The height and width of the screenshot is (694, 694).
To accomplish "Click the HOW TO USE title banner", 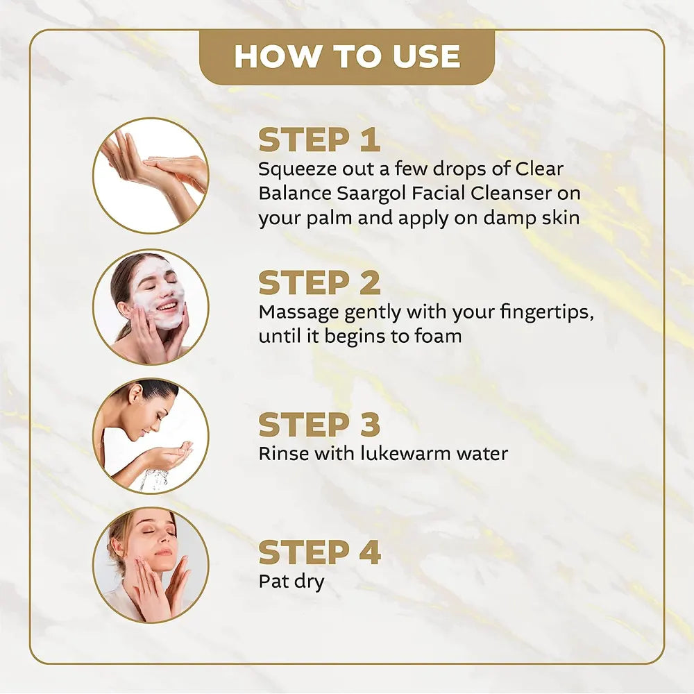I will coord(347,57).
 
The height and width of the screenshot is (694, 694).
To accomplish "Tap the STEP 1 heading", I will coord(319,139).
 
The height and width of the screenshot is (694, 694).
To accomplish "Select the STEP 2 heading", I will coord(319,282).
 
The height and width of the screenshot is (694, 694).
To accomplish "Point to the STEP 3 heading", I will coord(319,425).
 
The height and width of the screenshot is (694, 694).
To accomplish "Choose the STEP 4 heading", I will coord(319,552).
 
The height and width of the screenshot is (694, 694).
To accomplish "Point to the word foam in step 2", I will coord(439,336).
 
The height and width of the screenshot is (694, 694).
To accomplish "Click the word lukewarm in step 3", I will coord(405,454).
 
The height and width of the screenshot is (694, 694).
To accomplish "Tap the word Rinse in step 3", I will coord(280,454).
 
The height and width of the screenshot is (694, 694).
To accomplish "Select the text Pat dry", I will coord(291,581).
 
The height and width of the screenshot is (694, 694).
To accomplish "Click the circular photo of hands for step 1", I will coord(151,175).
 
